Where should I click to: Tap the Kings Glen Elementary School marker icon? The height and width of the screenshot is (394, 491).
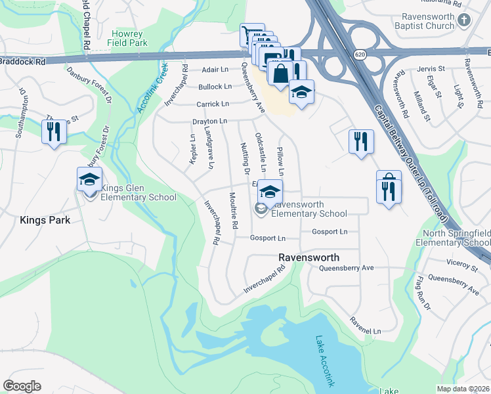(x=90, y=179)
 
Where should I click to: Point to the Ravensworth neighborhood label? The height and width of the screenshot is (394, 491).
(x=308, y=257)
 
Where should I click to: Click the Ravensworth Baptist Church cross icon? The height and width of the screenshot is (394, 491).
(x=464, y=20)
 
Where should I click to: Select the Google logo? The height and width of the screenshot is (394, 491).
(x=22, y=385)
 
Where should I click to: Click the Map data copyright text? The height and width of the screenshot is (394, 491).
(x=463, y=389)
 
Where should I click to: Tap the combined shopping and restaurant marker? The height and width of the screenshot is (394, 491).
(x=389, y=189)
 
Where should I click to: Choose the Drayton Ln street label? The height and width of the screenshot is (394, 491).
(x=209, y=121)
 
